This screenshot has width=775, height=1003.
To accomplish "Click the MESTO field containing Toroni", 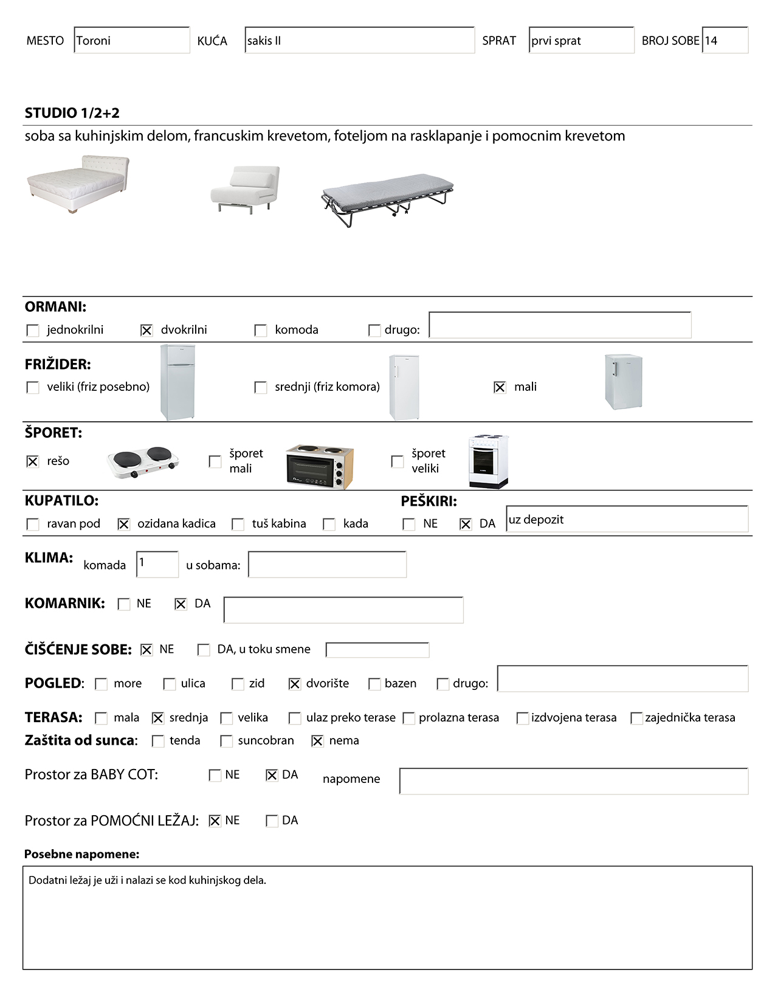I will [131, 41].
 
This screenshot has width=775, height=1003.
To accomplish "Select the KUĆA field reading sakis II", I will [359, 41].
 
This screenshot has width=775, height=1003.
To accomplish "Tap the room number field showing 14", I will [725, 41].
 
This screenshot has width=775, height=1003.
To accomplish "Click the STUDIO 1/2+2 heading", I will [72, 113].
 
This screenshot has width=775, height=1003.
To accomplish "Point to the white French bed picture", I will [78, 184].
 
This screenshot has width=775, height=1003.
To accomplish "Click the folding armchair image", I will [245, 189].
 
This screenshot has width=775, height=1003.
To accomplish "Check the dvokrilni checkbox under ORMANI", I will [146, 330].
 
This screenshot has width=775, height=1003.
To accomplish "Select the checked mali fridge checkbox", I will [500, 387].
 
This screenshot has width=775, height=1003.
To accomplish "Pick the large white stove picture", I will [488, 461].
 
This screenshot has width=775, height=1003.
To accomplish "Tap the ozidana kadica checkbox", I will [123, 524].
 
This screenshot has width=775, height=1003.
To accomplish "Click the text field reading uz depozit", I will [627, 520].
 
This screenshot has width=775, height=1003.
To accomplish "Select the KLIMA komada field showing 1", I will [157, 564].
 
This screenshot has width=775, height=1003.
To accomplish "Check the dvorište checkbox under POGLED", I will [295, 684].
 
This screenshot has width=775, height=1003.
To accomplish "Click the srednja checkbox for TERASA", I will [158, 718].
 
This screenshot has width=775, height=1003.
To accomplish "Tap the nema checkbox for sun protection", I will [317, 741].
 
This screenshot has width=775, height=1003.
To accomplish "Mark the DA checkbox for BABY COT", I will [272, 775].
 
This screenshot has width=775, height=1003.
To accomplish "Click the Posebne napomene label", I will [81, 854].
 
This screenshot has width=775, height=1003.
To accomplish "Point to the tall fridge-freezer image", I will [177, 382].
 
